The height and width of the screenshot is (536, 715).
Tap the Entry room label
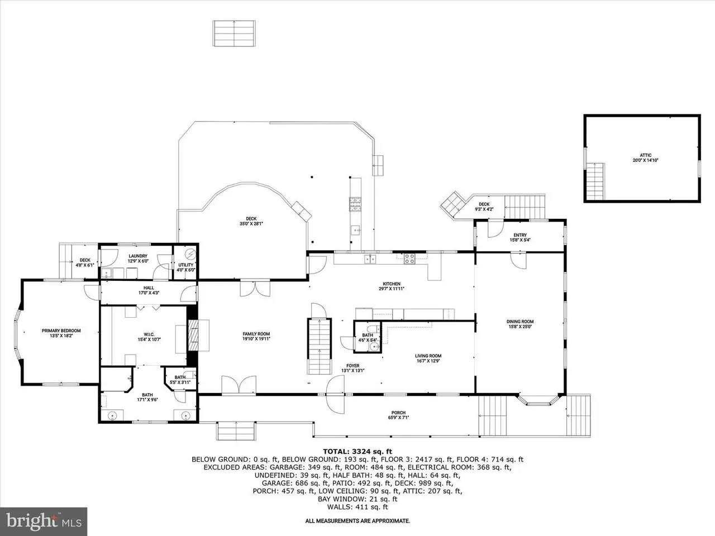[x=519, y=237]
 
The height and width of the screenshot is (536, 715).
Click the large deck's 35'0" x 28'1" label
[x=251, y=221]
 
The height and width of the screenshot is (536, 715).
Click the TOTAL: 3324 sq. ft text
[x=357, y=451]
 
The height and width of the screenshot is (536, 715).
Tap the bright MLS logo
[x=43, y=521]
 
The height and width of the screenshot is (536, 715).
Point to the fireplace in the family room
[x=193, y=335]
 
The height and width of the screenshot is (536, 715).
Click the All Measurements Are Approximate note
[x=357, y=521]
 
